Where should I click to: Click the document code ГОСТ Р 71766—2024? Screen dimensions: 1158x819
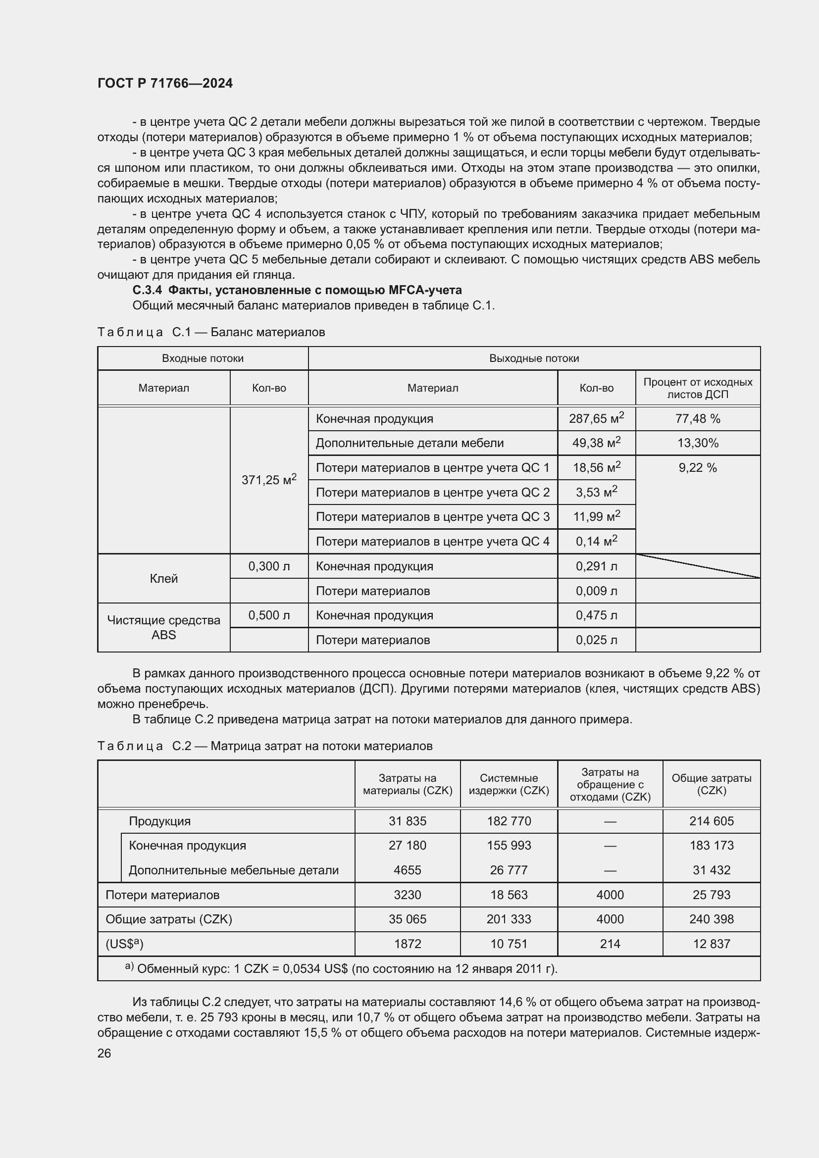coord(165,83)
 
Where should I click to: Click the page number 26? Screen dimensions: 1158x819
coord(104,1053)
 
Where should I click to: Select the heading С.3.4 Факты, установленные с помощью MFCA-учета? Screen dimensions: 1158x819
coord(297,290)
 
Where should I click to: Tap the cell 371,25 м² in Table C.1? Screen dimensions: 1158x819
coord(269,480)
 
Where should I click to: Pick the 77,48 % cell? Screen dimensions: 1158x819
coord(698,419)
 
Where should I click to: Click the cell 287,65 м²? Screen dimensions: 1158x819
coord(596,419)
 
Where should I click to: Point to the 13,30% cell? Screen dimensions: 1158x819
coord(698,443)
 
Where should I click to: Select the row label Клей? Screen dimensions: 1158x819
coord(163,578)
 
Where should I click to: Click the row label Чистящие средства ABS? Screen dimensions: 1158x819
coord(163,627)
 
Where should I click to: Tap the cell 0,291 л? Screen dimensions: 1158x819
coord(596,566)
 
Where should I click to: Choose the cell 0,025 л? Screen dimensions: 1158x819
coord(596,640)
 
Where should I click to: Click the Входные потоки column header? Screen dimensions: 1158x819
coord(202,358)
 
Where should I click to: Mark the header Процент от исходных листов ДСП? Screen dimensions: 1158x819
coord(698,388)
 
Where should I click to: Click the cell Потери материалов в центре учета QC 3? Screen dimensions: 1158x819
coord(432,517)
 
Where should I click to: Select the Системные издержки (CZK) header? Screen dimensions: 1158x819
coord(509,784)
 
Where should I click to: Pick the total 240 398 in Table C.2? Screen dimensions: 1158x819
coord(711,919)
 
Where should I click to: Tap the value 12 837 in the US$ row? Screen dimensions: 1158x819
coord(711,944)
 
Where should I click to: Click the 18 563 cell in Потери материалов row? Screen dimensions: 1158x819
coord(509,895)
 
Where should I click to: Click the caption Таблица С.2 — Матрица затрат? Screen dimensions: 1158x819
coord(265,746)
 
